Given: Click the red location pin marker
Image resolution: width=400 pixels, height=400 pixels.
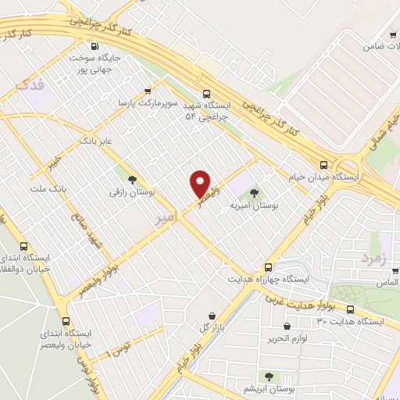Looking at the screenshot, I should (x=200, y=183).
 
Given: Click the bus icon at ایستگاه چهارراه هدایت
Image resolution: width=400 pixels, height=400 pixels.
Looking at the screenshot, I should (x=267, y=266).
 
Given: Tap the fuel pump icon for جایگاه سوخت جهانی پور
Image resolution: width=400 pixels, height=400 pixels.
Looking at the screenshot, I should (x=96, y=46).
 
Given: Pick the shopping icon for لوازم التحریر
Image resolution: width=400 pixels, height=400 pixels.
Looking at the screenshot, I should (x=287, y=325).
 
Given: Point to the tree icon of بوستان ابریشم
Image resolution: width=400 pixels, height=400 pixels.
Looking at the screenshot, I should (x=269, y=377).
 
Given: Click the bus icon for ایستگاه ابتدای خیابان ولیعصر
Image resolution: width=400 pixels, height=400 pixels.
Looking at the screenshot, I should (x=65, y=321).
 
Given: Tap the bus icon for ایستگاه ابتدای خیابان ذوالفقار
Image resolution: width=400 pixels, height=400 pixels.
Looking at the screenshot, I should (x=24, y=245).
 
